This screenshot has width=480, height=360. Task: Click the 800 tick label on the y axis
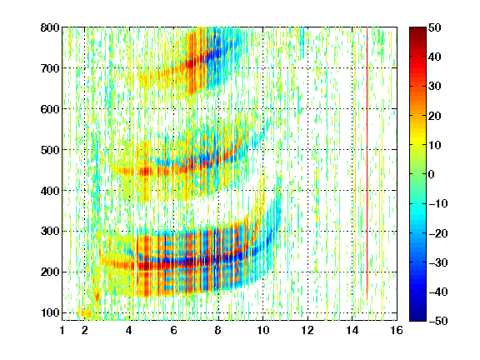(x=50, y=27)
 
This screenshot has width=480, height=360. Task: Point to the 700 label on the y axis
(x=50, y=68)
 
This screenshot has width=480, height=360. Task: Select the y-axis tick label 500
(x=50, y=150)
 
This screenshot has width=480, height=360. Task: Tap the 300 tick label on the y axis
(x=50, y=232)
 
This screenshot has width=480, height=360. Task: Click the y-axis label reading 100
(x=50, y=312)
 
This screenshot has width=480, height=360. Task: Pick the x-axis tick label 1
(x=62, y=330)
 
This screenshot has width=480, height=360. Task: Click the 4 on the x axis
(x=129, y=330)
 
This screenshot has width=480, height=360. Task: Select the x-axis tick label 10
(x=262, y=330)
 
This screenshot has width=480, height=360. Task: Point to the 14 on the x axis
(x=352, y=330)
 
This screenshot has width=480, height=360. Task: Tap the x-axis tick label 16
(x=397, y=330)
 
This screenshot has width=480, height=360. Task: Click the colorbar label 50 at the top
(x=435, y=27)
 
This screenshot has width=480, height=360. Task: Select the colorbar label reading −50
(x=438, y=321)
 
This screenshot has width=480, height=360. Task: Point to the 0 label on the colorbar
(x=432, y=174)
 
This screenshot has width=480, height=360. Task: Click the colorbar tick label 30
(x=435, y=87)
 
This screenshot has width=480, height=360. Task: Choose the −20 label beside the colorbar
(x=438, y=233)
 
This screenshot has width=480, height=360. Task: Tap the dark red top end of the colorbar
(x=417, y=29)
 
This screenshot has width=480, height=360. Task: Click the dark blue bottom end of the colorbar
(x=417, y=319)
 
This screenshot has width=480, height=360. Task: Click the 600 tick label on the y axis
(x=50, y=109)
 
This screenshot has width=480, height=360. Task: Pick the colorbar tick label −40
(x=438, y=292)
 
